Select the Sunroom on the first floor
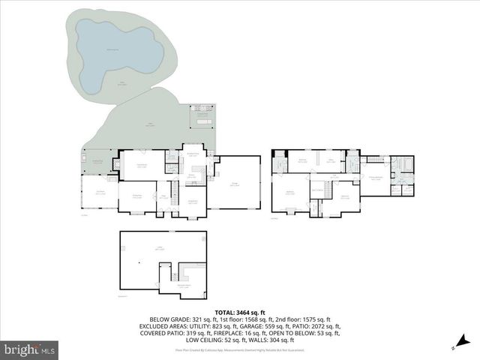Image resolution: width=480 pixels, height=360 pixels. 98,193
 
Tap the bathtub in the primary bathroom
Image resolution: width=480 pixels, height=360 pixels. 397,163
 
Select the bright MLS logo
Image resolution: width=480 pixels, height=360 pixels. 30,349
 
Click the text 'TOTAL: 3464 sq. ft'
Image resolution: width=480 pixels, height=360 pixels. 240,312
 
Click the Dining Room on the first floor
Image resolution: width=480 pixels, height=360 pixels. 137,196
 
